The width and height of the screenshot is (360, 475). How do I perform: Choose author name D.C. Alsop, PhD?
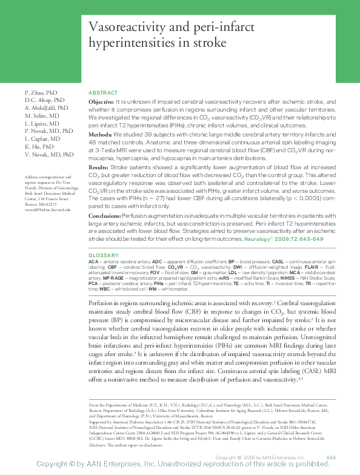pyautogui.click(x=44, y=99)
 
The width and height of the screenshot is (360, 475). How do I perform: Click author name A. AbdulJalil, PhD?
pyautogui.click(x=48, y=107)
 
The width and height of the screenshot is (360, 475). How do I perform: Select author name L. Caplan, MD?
pyautogui.click(x=42, y=138)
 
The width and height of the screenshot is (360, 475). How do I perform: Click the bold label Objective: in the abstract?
pyautogui.click(x=101, y=102)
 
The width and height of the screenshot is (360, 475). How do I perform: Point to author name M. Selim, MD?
pyautogui.click(x=42, y=115)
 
